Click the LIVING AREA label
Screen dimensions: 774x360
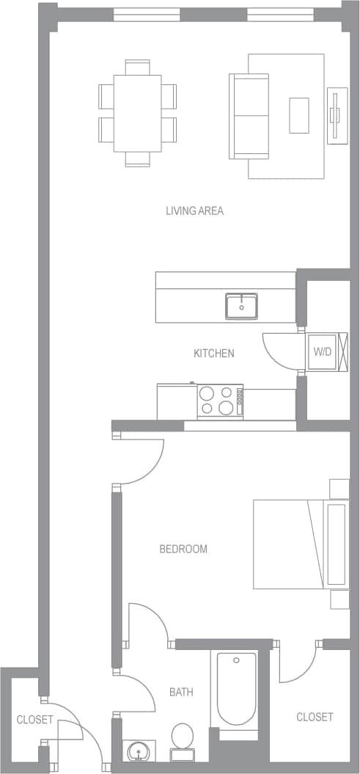(194, 211)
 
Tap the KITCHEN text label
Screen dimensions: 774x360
(213, 354)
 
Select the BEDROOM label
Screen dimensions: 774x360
(183, 549)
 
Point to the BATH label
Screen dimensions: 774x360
(181, 692)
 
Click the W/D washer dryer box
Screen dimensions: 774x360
(323, 352)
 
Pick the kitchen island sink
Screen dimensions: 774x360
(241, 305)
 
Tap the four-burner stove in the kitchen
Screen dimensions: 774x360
(220, 401)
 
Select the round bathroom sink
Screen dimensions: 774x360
(137, 752)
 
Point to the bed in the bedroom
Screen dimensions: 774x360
(301, 544)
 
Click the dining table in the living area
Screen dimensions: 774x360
(137, 113)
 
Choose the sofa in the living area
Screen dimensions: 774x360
(249, 116)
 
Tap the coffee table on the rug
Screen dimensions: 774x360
(298, 115)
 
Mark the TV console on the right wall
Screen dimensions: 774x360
(337, 115)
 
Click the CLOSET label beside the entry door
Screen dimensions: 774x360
(34, 720)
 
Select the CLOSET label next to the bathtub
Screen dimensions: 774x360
(315, 717)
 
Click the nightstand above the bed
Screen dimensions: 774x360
(339, 489)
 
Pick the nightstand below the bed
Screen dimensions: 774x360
(339, 599)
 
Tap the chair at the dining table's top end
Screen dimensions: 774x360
(137, 67)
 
